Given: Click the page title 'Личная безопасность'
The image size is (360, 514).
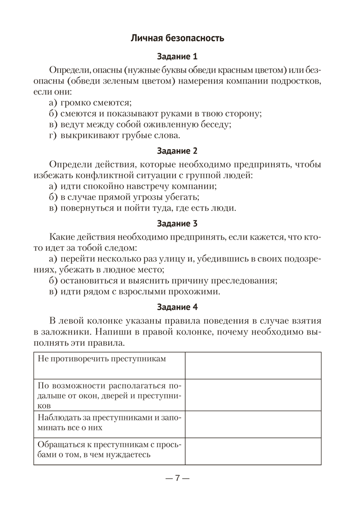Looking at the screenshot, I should click(177, 38).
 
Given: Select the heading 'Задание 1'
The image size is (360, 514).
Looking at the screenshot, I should click(177, 57).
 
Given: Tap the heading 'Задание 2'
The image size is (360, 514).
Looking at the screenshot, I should click(177, 151).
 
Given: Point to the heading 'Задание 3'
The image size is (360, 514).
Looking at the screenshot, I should click(177, 224).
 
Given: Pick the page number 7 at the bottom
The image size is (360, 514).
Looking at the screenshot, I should click(177, 478).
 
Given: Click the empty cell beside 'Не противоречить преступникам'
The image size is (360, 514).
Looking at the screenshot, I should click(253, 365).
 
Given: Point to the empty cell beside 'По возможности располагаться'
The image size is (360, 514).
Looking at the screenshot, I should click(253, 394).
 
